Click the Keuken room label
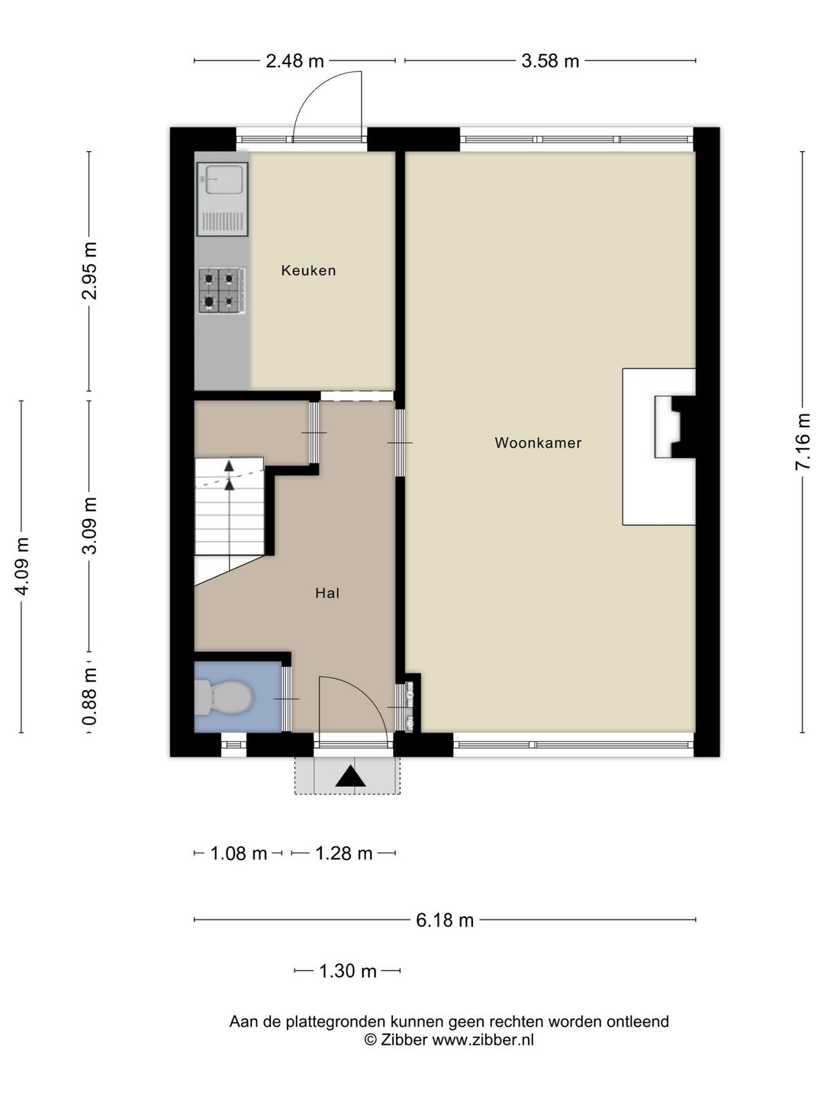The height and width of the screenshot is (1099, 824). coord(308,270)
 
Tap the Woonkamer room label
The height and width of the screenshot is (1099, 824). coord(539,443)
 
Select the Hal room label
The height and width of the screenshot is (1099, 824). coord(327,593)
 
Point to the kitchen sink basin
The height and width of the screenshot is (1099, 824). coord(225,179)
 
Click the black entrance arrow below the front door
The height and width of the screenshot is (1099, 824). coord(350,777)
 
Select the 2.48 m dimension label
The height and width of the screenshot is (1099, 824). coord(295,61)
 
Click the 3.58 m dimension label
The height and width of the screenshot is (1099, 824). coord(550,61)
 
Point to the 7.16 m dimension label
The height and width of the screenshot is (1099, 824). coord(803,441)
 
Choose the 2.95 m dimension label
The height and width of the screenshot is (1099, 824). coord(89,270)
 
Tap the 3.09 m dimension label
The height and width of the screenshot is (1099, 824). coord(89,526)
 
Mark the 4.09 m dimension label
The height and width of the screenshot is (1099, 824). coord(22,566)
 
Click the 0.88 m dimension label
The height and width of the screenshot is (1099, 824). coord(89,697)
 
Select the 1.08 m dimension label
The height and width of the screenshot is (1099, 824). coord(239,853)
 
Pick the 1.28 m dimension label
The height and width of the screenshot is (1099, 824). coord(343,853)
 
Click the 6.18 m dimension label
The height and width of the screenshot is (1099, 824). coord(445,920)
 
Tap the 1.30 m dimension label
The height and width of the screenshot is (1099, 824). coord(348,972)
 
